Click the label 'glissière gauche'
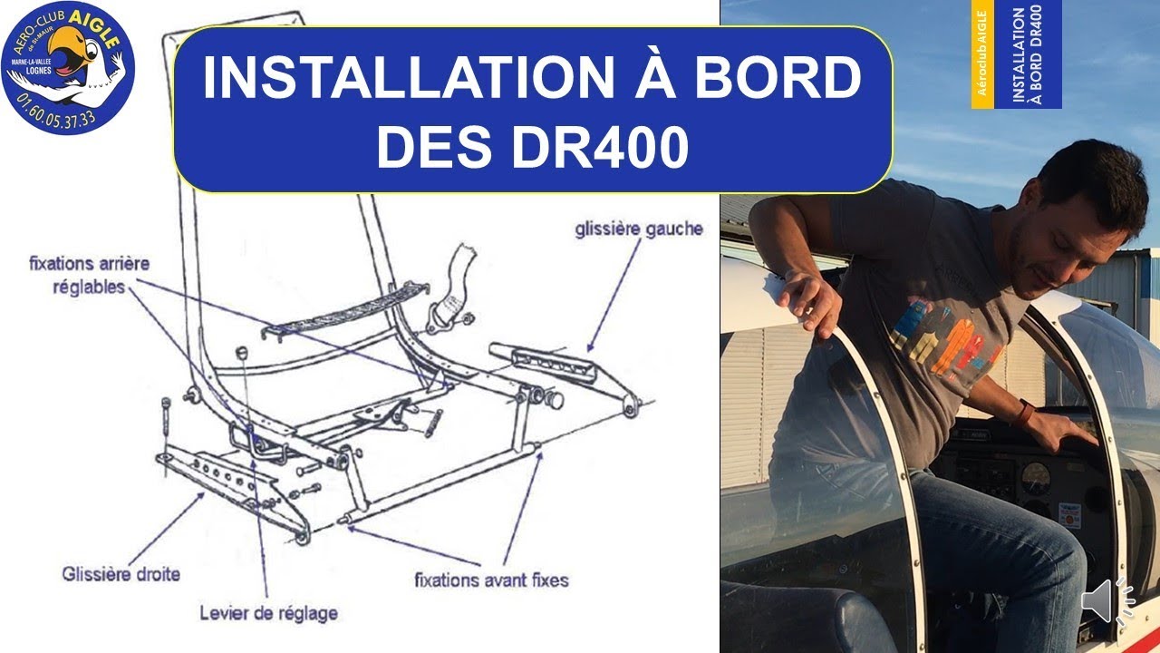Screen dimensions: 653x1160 pyautogui.click(x=638, y=229)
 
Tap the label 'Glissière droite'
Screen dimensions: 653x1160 pyautogui.click(x=121, y=574)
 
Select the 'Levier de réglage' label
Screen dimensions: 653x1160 pyautogui.click(x=268, y=613)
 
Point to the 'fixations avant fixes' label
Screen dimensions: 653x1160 pyautogui.click(x=491, y=578)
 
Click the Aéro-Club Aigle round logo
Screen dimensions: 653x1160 pyautogui.click(x=68, y=68)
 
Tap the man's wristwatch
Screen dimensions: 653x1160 pyautogui.click(x=1025, y=413)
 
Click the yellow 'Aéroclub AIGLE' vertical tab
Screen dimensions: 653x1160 pyautogui.click(x=982, y=54)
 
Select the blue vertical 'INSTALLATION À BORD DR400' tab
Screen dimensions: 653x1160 pyautogui.click(x=1027, y=54)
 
